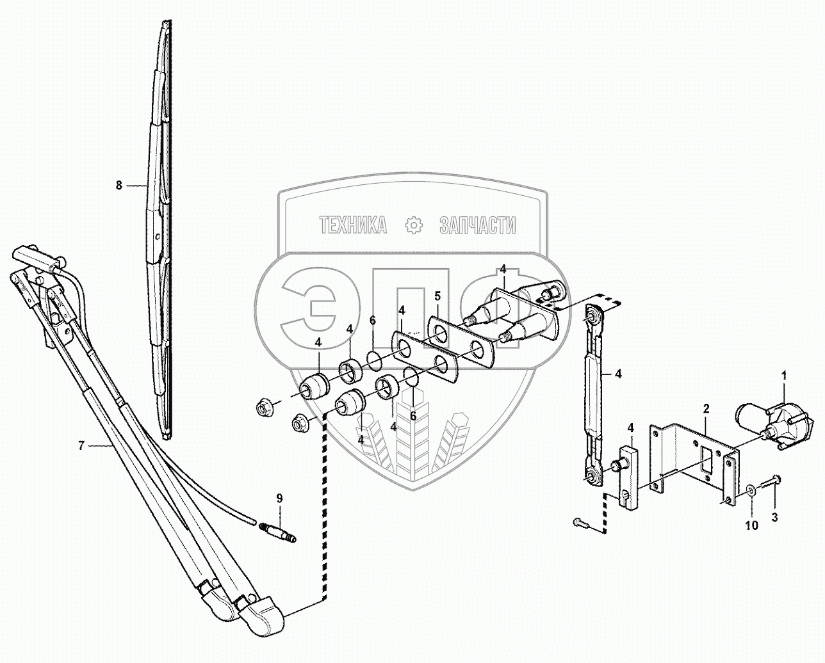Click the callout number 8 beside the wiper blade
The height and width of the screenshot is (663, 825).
pyautogui.click(x=118, y=185)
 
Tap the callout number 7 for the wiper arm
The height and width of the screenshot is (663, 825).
pyautogui.click(x=81, y=446)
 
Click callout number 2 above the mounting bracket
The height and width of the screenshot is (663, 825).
pyautogui.click(x=705, y=408)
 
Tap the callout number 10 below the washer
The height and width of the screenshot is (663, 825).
pyautogui.click(x=751, y=525)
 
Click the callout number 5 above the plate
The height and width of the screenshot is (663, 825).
pyautogui.click(x=437, y=296)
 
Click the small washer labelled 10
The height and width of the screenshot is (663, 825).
pyautogui.click(x=751, y=491)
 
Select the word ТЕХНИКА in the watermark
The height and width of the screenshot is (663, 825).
pyautogui.click(x=353, y=225)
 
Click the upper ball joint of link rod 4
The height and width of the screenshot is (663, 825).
pyautogui.click(x=594, y=314)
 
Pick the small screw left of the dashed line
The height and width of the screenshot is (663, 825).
pyautogui.click(x=582, y=523)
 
